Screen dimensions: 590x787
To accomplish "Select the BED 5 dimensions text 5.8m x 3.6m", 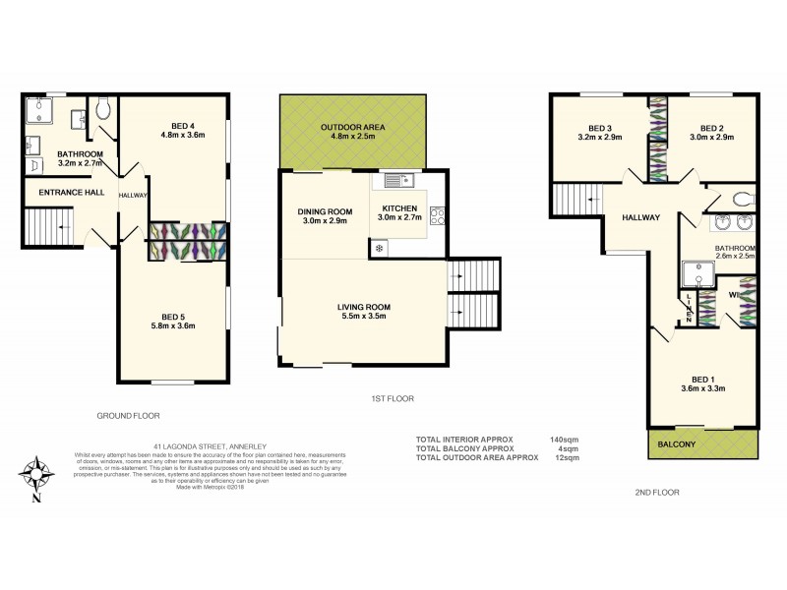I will (x=174, y=326).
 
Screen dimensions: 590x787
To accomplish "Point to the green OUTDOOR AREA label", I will (x=352, y=128).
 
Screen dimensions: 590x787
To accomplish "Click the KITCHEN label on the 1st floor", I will (x=400, y=208).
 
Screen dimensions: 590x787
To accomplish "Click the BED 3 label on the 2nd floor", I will (x=600, y=128).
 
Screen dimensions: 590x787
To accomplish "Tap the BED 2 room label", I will (x=711, y=128).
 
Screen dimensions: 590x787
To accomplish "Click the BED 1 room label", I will (x=702, y=381).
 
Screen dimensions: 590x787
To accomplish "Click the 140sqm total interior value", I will (x=564, y=439).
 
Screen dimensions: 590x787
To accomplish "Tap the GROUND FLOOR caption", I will (x=128, y=415).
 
